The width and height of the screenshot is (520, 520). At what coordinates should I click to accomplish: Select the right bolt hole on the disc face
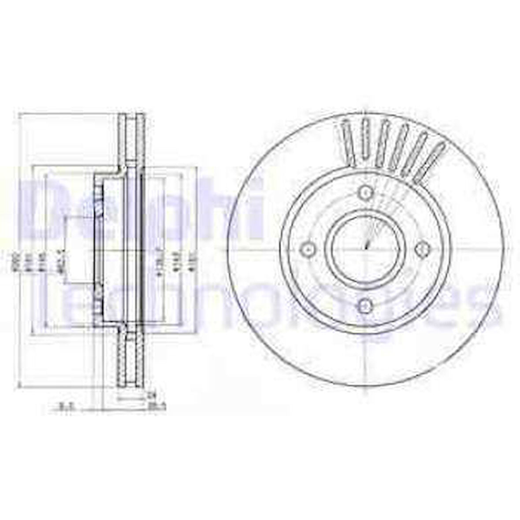click(x=423, y=249)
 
